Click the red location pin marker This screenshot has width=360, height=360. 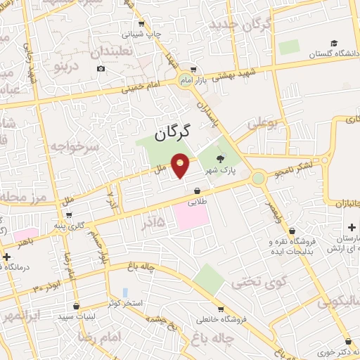tap(181, 167)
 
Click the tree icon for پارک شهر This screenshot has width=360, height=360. tap(222, 159)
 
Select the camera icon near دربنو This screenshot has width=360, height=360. tap(101, 68)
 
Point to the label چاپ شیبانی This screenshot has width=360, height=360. tap(143, 33)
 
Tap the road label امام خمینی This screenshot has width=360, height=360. tap(139, 89)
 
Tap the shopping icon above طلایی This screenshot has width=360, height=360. tap(197, 190)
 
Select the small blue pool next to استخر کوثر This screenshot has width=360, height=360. tap(125, 292)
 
